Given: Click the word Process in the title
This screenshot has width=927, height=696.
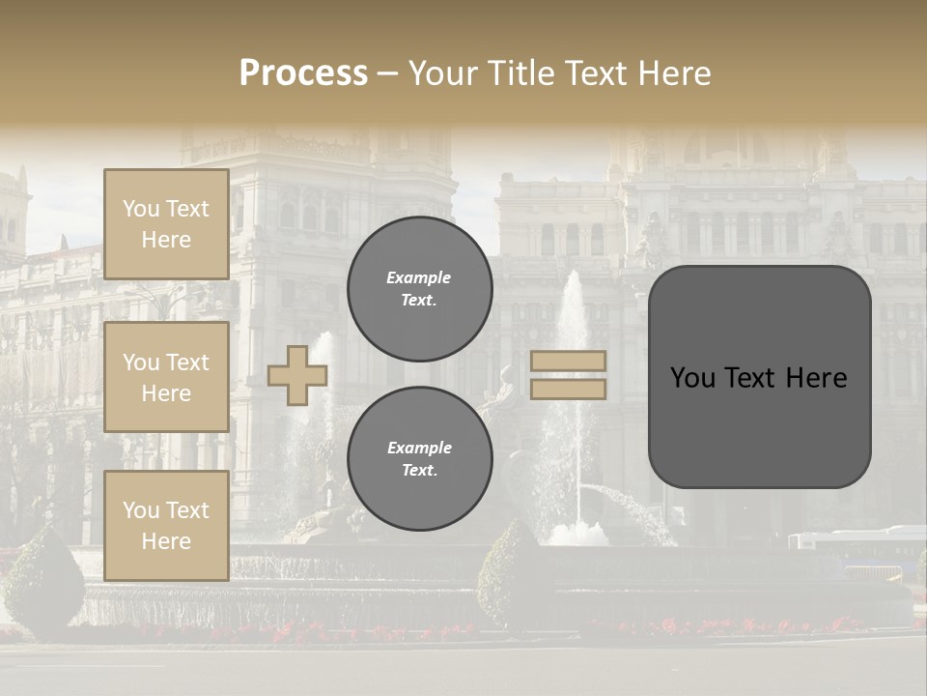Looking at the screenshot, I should tap(303, 73).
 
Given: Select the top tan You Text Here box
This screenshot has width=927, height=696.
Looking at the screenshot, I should tap(166, 224).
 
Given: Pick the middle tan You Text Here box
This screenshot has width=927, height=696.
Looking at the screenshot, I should tap(166, 377).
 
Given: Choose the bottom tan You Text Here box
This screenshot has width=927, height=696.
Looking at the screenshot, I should tap(166, 526).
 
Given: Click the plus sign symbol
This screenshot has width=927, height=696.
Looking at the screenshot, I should tap(297, 375).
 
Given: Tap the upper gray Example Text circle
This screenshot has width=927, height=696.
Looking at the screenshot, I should tap(419, 288).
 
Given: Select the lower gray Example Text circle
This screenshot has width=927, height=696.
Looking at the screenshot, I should tap(419, 458).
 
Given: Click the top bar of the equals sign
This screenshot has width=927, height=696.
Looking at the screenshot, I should tap(569, 362).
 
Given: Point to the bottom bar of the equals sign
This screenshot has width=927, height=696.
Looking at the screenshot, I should tap(569, 389).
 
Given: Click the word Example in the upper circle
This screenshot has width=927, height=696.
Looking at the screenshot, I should tap(419, 277).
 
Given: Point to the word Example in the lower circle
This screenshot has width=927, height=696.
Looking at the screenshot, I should tap(419, 448).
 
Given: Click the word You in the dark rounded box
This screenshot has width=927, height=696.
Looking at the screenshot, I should tap(692, 378).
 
